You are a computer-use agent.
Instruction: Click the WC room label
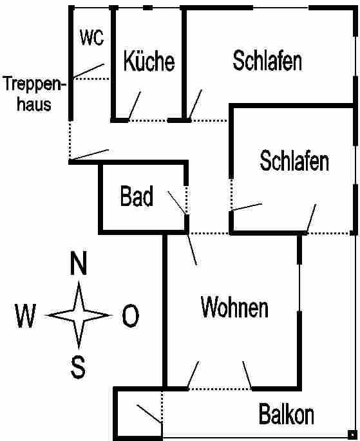point(91,37)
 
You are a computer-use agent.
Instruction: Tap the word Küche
point(149,61)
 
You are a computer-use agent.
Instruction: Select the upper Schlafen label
point(267,60)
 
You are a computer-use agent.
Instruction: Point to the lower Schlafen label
point(294,160)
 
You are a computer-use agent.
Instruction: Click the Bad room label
point(137,196)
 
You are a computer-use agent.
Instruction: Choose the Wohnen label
point(234,307)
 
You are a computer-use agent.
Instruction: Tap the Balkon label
point(287,414)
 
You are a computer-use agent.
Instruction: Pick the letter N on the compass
point(79,263)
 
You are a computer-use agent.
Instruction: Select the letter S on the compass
point(78,367)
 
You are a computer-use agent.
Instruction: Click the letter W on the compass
point(25,316)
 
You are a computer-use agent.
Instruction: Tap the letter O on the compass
point(130,315)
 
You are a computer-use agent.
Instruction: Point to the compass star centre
point(79,315)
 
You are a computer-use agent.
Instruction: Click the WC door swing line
point(88,71)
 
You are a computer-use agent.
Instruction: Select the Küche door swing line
point(135,106)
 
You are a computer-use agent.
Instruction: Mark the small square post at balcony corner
point(352,435)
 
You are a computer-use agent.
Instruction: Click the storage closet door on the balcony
point(149,414)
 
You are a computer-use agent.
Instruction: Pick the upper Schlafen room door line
point(196,104)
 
